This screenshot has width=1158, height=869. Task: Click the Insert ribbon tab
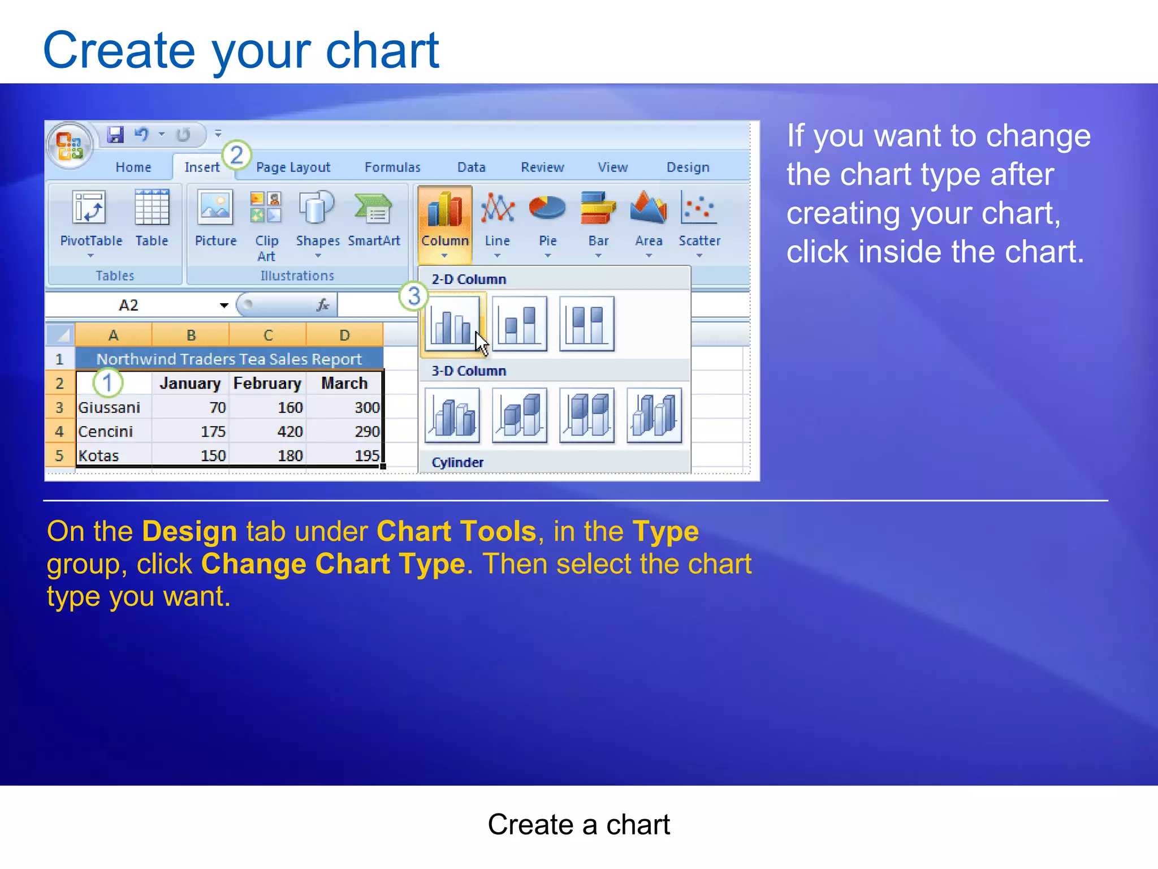(x=201, y=167)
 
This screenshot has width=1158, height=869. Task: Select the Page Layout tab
(x=293, y=167)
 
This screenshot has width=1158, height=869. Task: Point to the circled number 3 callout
(x=414, y=296)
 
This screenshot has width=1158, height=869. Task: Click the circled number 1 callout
(x=107, y=382)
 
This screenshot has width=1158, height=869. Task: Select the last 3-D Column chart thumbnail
(x=654, y=415)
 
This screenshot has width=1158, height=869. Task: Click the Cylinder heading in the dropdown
(x=457, y=462)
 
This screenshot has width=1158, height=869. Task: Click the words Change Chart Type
(x=333, y=564)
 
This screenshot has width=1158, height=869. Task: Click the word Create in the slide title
(x=119, y=51)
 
